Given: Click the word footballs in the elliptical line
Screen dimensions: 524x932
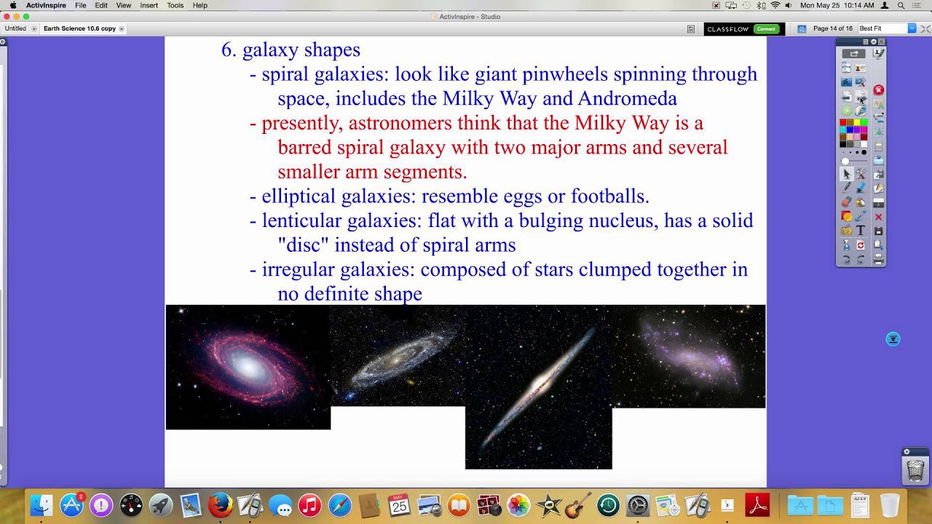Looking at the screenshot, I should tap(609, 196).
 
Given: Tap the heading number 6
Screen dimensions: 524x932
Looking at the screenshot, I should tap(229, 50).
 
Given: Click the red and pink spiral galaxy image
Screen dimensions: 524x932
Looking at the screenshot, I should tap(248, 367).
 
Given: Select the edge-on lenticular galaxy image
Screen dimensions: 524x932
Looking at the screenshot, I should tap(538, 386).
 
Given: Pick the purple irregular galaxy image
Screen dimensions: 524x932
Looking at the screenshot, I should tap(688, 357).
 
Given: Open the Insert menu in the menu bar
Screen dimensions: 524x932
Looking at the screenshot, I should tap(149, 5).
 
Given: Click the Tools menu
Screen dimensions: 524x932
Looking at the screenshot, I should tap(175, 5).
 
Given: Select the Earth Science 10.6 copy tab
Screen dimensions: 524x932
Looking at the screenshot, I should tap(79, 28).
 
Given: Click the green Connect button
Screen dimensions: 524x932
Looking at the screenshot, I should tap(766, 28).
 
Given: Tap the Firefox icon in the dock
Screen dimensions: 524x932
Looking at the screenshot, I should tap(220, 505).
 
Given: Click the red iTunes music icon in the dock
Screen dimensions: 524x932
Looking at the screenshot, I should tap(309, 505).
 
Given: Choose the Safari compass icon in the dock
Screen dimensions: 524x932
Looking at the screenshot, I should tap(339, 505).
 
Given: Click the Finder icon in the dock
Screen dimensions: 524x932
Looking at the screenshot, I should tap(42, 505).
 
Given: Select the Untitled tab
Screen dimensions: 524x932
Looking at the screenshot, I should tap(15, 28).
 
